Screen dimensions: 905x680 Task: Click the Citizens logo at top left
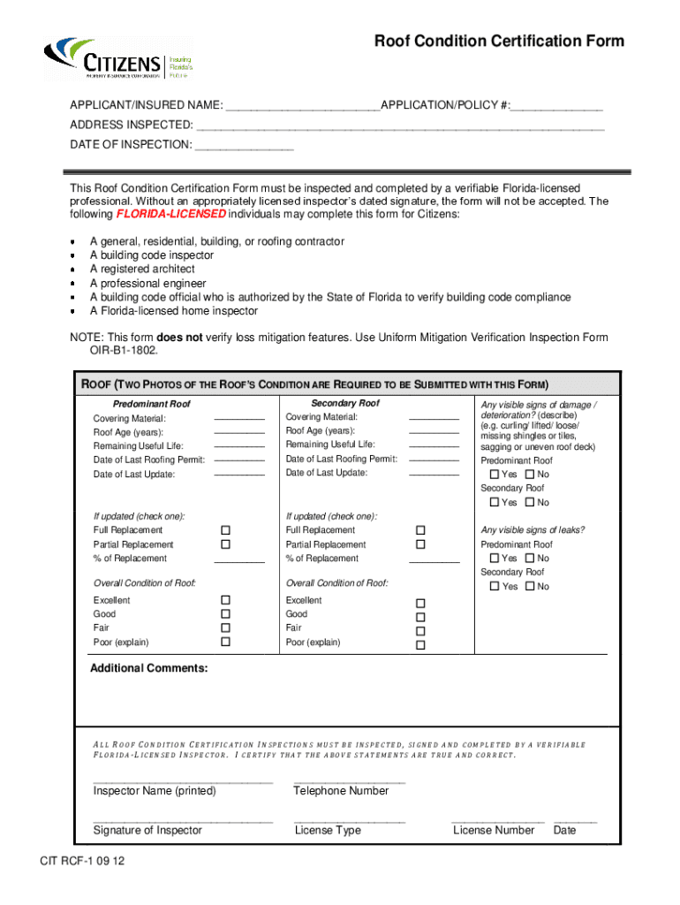(x=119, y=60)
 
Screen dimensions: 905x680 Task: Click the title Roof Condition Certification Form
(x=499, y=42)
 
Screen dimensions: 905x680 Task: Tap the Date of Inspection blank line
(x=244, y=147)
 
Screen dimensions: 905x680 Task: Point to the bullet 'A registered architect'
(x=142, y=270)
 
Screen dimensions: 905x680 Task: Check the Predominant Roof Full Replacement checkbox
(x=225, y=530)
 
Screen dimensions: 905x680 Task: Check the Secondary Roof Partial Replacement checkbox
(x=420, y=544)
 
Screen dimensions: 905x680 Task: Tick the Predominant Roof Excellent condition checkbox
(x=225, y=600)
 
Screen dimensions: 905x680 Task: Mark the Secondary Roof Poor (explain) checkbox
(x=420, y=645)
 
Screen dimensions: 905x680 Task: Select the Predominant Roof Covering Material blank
(x=238, y=418)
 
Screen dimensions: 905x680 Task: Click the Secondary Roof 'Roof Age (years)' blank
(x=434, y=431)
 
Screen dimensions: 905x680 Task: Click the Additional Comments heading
(x=149, y=668)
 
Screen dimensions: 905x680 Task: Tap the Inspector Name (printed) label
(x=155, y=791)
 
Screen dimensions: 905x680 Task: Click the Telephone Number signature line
(x=349, y=782)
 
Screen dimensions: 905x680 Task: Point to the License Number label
(x=494, y=831)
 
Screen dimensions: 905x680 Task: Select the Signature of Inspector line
(x=183, y=821)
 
